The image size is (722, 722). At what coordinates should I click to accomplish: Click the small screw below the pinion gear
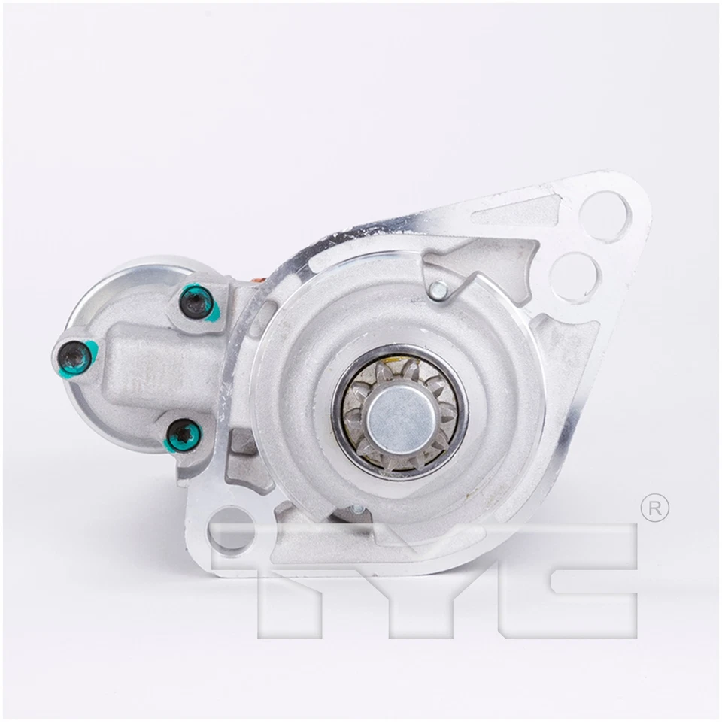[358, 511]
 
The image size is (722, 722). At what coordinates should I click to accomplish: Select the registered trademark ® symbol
[654, 508]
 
